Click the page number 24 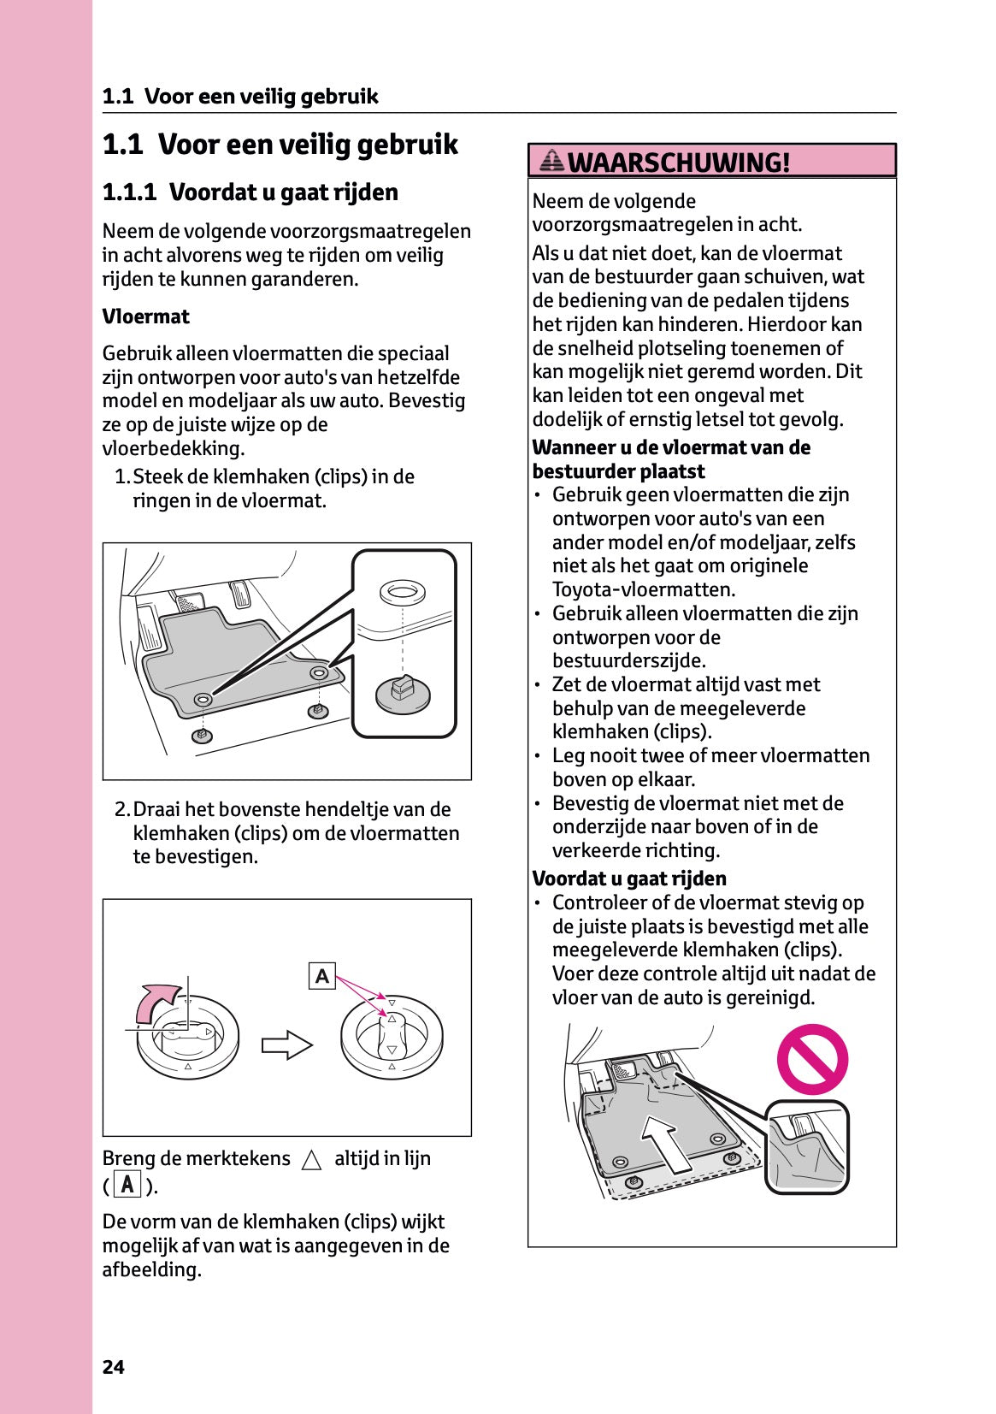click(x=113, y=1367)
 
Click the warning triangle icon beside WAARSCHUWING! click(x=552, y=160)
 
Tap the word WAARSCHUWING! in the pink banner click(x=678, y=162)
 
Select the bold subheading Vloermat click(x=145, y=317)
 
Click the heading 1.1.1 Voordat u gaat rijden click(x=250, y=192)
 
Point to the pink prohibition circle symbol click(x=811, y=1059)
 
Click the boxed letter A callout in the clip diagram click(x=321, y=976)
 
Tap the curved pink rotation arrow click(x=157, y=1001)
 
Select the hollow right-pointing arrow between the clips click(x=287, y=1044)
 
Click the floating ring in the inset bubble click(x=402, y=591)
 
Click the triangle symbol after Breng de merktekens click(x=312, y=1160)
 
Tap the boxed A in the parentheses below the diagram click(x=127, y=1186)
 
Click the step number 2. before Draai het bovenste click(x=122, y=809)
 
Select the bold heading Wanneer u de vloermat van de click(x=670, y=447)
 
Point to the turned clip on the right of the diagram click(x=392, y=1036)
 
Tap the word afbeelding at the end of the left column click(x=150, y=1269)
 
